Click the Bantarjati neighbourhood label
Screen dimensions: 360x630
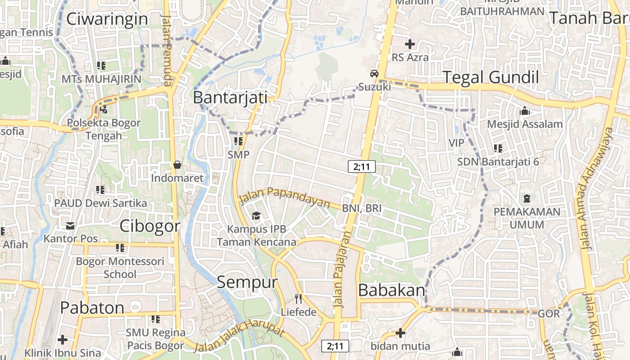click(230, 98)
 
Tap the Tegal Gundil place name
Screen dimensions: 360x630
click(491, 77)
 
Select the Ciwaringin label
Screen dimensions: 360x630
click(107, 19)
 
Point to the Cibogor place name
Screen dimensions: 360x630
click(150, 226)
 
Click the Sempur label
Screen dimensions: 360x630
click(247, 282)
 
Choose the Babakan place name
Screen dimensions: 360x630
click(392, 291)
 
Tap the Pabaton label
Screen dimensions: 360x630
click(92, 308)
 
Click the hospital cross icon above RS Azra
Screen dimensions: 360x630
click(409, 44)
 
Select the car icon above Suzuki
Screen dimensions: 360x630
click(374, 74)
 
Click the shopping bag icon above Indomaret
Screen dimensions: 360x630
click(177, 165)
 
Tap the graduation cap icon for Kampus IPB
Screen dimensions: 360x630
click(256, 216)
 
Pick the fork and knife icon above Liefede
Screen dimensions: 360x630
click(298, 298)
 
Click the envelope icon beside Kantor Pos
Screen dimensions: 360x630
click(70, 225)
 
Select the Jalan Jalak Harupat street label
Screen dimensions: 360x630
click(241, 339)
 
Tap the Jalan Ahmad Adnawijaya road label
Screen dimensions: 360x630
click(597, 189)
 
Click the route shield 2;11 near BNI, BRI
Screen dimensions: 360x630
click(362, 166)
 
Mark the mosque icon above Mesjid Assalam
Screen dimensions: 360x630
click(524, 111)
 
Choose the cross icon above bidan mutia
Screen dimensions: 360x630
click(400, 333)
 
